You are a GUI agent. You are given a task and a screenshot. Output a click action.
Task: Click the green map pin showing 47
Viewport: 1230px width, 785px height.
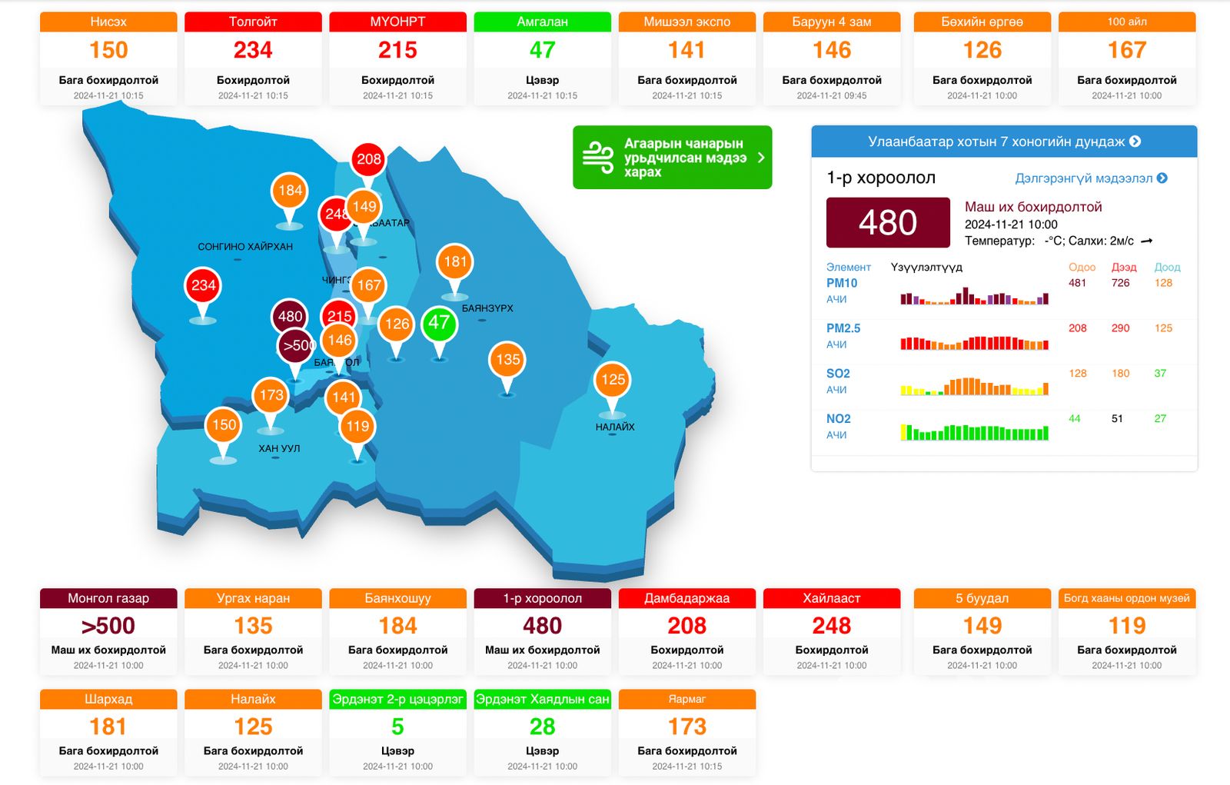(x=439, y=323)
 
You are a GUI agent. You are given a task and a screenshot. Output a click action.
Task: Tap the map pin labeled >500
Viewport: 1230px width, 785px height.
(x=296, y=346)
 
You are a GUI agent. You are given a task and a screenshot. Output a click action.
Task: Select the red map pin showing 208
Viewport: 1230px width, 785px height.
(x=369, y=159)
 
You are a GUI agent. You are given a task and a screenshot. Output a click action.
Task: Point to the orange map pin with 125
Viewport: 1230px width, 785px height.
(x=613, y=380)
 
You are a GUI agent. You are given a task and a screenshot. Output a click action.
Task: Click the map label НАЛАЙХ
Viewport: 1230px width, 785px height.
(x=615, y=427)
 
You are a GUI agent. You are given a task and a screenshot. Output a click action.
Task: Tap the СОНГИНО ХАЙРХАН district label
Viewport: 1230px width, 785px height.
(x=245, y=247)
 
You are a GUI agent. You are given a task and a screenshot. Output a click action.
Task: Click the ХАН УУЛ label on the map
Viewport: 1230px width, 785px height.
(x=279, y=448)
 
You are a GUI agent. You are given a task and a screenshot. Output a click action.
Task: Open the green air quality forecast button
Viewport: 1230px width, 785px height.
(x=672, y=158)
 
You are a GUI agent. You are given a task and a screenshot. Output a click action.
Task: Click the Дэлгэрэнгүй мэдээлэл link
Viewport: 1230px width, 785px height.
(x=1090, y=178)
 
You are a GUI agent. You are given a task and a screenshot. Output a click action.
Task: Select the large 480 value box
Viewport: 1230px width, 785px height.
(x=888, y=223)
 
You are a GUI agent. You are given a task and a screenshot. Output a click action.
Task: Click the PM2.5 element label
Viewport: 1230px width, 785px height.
(x=843, y=328)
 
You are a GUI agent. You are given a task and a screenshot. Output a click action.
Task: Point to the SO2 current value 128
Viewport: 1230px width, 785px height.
(x=1078, y=374)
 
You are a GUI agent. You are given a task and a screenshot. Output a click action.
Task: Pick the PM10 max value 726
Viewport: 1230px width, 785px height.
(x=1121, y=283)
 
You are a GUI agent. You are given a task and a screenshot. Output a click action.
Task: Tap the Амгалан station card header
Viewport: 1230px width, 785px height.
(x=542, y=22)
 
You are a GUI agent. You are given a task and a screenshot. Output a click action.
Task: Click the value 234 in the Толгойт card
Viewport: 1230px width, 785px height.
(x=253, y=51)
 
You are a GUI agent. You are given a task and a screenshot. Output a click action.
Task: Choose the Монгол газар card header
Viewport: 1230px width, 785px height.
(x=108, y=598)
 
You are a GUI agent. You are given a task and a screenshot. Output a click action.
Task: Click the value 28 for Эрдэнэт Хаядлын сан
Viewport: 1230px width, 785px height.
(x=542, y=727)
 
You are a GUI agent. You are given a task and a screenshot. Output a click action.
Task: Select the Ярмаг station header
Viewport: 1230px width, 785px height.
(x=686, y=699)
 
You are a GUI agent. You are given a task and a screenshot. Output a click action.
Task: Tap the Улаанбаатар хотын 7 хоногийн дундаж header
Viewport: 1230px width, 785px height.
(x=1004, y=141)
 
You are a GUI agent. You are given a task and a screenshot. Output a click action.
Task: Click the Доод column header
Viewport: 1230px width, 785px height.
(x=1166, y=267)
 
